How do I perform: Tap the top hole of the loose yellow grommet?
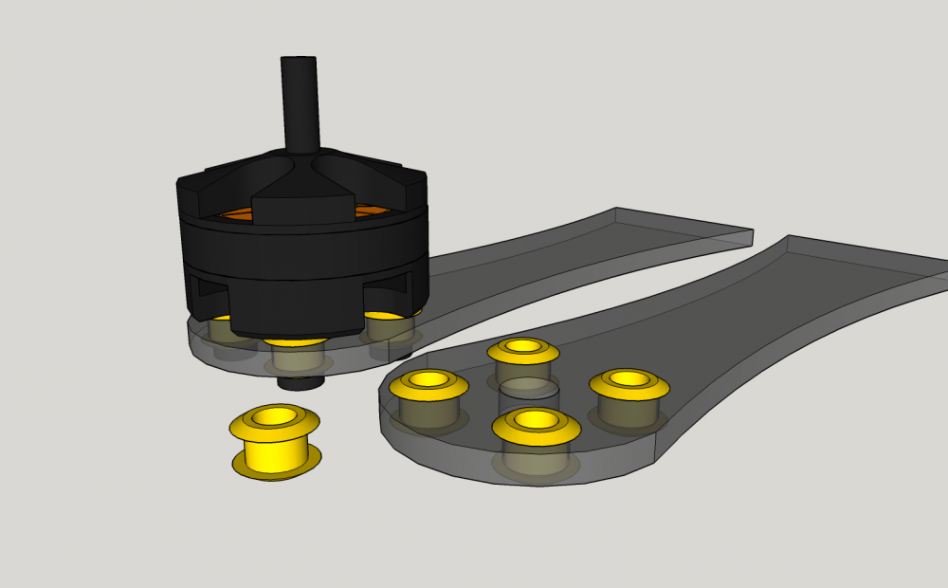click(274, 415)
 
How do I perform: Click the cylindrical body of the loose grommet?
click(276, 450)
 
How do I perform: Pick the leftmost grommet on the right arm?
click(428, 383)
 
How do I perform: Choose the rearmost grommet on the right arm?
click(522, 350)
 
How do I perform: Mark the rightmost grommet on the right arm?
click(629, 382)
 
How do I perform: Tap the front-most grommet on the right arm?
click(536, 424)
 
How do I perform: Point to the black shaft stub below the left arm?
click(301, 382)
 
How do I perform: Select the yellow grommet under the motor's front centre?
click(297, 341)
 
